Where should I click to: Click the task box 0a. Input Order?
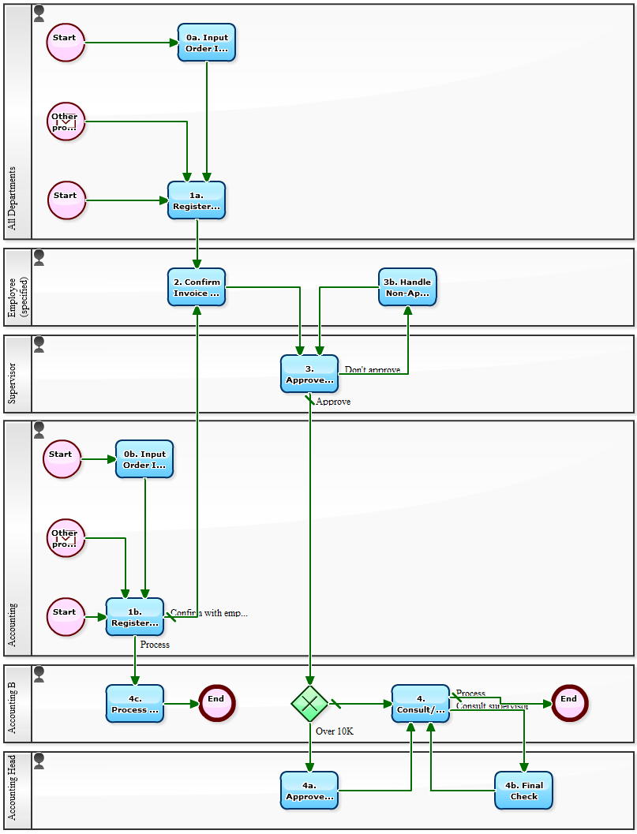pos(207,43)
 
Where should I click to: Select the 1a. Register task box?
pos(197,200)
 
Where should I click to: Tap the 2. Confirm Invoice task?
pos(197,287)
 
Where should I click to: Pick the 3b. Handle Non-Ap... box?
pos(407,287)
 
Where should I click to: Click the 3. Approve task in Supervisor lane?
pos(309,374)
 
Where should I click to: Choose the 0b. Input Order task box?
pos(144,459)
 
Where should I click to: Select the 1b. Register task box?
pos(135,617)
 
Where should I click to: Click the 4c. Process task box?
pos(135,704)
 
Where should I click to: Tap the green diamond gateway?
pos(309,703)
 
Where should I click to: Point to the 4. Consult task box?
pos(421,704)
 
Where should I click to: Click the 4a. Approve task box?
pos(309,791)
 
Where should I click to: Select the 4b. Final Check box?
pos(524,791)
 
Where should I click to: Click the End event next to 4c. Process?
pos(216,703)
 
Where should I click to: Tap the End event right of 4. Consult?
pos(569,703)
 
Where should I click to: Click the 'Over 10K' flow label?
pos(335,731)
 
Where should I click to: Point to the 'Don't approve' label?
pos(373,369)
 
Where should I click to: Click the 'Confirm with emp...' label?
pos(209,613)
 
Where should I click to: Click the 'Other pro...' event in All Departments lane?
pos(66,122)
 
